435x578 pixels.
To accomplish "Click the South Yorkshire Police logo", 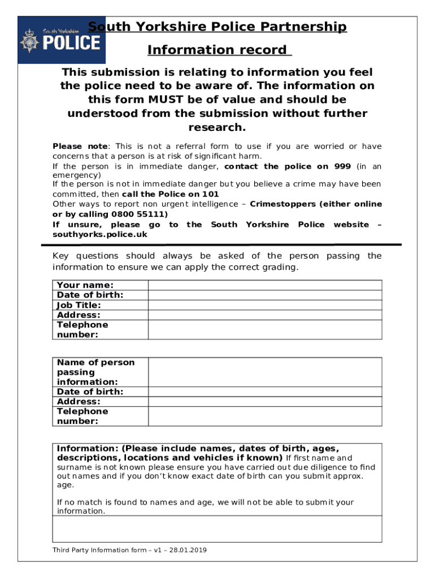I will click(61, 40).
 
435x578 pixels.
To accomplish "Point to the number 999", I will click(341, 166).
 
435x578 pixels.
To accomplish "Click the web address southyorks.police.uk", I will click(99, 234).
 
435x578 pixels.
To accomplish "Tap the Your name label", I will click(85, 285).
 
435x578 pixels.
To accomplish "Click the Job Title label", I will click(79, 305).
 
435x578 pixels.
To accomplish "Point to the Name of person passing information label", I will click(95, 372).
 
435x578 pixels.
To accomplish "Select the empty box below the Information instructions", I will click(217, 529).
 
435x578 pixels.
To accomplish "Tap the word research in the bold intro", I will click(217, 127).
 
